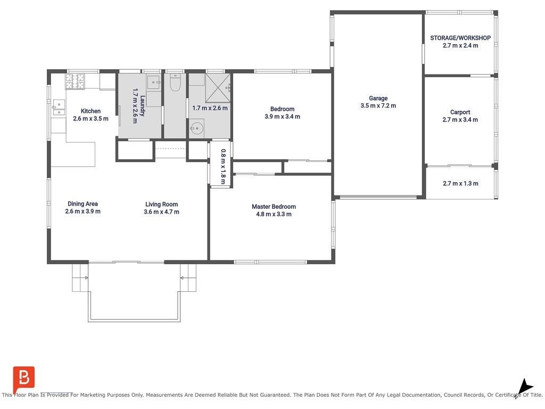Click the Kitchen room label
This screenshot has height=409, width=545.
click(x=90, y=111)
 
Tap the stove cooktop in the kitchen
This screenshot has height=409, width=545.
click(x=75, y=81)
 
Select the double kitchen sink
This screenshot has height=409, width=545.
click(x=59, y=108)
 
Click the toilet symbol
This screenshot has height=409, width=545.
click(x=175, y=83)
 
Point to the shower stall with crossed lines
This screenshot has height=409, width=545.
click(x=218, y=88)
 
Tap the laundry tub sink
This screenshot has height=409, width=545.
click(x=153, y=83)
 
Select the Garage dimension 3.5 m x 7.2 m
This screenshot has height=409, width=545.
click(x=378, y=106)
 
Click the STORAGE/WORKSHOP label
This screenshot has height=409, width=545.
click(x=460, y=38)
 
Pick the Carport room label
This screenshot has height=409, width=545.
click(x=460, y=112)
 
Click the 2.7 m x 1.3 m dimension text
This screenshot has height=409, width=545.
click(x=460, y=183)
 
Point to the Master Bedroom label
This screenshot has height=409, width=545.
click(x=274, y=207)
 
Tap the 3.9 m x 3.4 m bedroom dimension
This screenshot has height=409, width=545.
click(x=282, y=117)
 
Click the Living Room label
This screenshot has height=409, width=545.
click(x=161, y=204)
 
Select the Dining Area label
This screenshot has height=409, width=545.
click(x=82, y=204)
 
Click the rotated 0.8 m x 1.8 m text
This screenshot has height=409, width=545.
click(x=223, y=166)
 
